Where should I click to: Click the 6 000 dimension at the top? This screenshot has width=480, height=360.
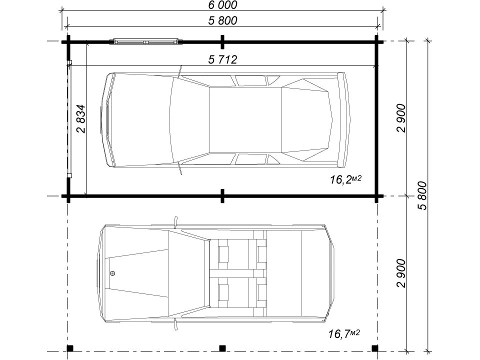coord(222,5)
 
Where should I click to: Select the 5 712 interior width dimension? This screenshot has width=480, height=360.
coord(222,59)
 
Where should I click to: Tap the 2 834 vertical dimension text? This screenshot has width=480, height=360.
coord(81,118)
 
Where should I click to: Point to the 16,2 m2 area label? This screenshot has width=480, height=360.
coord(345,179)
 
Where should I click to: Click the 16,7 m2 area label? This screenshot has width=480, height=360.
coord(344,333)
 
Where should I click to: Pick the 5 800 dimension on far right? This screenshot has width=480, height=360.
coord(422,195)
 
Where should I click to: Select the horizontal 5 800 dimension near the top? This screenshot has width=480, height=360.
coord(222,20)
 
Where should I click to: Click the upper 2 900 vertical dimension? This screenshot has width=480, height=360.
coord(401,118)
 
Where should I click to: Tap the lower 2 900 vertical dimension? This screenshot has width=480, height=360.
coord(401,273)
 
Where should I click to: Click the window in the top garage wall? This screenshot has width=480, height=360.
coord(146,41)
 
